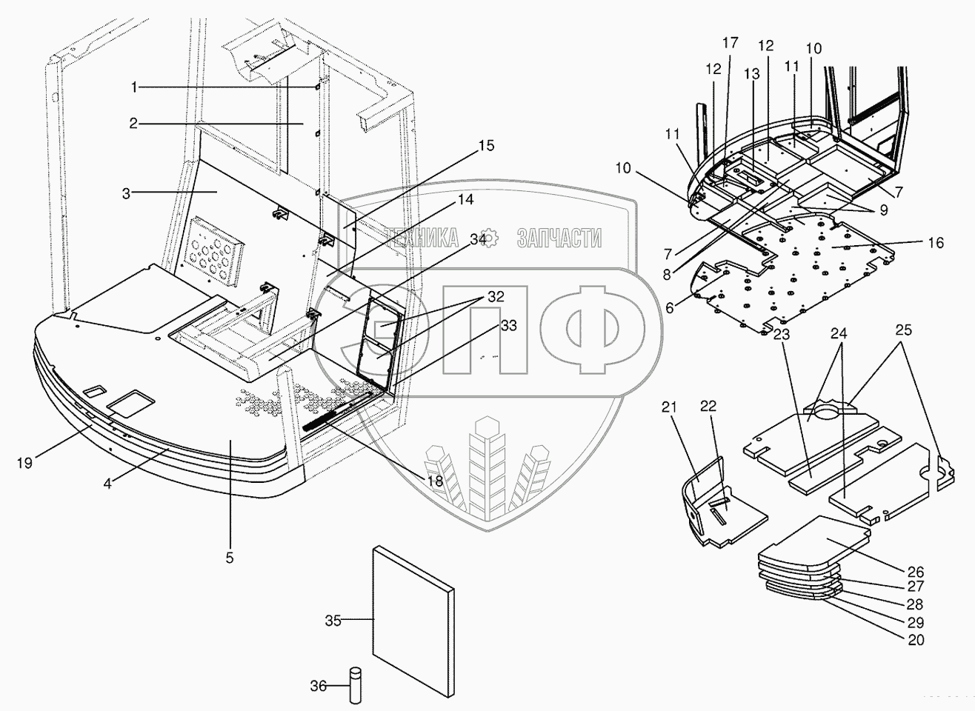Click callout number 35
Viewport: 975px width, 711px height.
pyautogui.click(x=333, y=621)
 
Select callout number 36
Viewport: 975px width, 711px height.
pyautogui.click(x=318, y=687)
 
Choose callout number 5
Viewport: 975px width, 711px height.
pyautogui.click(x=229, y=558)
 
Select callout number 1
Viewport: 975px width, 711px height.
pyautogui.click(x=134, y=87)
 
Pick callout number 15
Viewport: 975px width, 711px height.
pyautogui.click(x=486, y=145)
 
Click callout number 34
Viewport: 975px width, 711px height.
pyautogui.click(x=478, y=239)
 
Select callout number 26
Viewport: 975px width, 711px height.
pyautogui.click(x=916, y=571)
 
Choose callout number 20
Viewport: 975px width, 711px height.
pyautogui.click(x=916, y=640)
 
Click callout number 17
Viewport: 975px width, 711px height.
pyautogui.click(x=730, y=43)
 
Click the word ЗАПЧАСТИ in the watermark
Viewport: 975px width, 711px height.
pyautogui.click(x=559, y=238)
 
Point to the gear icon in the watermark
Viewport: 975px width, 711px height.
pyautogui.click(x=490, y=238)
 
